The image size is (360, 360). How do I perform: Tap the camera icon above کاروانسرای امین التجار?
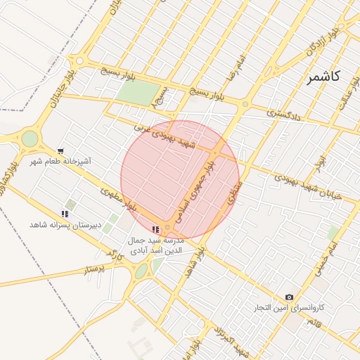(289, 297)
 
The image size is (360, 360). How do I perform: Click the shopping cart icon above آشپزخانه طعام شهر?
(61, 151)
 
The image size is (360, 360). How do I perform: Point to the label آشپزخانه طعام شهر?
(60, 162)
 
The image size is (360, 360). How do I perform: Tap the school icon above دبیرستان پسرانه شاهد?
(65, 214)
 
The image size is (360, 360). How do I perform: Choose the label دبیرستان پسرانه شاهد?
(65, 224)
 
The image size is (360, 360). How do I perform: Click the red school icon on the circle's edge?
(155, 229)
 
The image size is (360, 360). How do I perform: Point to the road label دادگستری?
(284, 114)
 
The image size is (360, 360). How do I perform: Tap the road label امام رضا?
(234, 67)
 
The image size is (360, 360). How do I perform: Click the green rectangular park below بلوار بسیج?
(137, 93)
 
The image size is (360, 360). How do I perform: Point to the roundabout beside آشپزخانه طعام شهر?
(30, 139)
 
